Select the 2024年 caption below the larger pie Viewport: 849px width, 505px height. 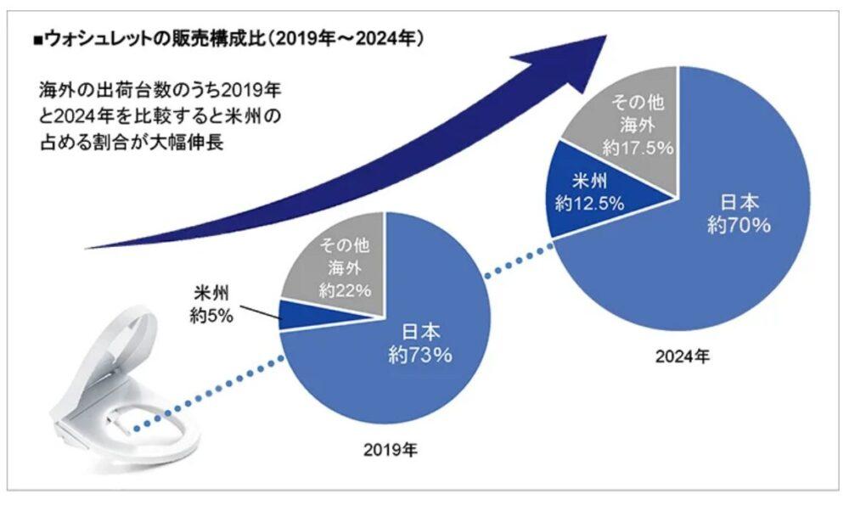click(681, 356)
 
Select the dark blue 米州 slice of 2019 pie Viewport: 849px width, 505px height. click(297, 313)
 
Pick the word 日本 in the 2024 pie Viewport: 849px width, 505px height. click(739, 203)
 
